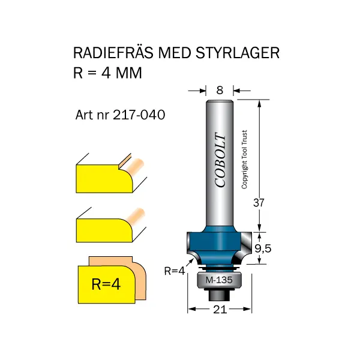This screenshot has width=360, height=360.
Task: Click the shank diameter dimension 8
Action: pos(220,90)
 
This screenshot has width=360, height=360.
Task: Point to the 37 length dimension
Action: pos(259,202)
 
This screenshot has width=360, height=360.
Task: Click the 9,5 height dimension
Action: pos(263,248)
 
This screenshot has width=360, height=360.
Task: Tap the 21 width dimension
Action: pos(220,310)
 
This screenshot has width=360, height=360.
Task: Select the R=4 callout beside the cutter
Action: pos(174,271)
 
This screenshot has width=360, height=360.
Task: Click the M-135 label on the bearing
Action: pos(220,280)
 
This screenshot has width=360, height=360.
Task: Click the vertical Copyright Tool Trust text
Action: pos(245,160)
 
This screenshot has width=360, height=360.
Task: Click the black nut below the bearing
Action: pos(220,295)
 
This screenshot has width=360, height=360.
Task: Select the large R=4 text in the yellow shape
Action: pos(106,283)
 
